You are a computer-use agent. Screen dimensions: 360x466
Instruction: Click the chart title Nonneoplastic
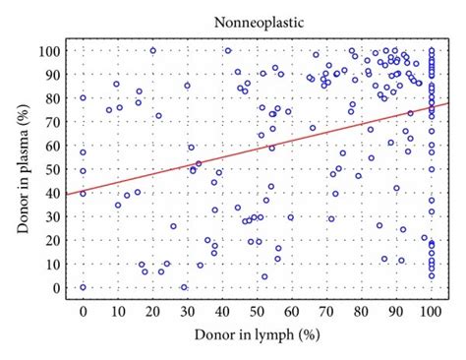(257, 18)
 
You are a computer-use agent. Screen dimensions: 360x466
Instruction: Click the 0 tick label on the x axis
(83, 311)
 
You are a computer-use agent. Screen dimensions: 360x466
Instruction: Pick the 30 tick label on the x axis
(187, 311)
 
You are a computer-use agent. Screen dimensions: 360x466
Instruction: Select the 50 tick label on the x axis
(257, 311)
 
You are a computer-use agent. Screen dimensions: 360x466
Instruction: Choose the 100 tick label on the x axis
(431, 311)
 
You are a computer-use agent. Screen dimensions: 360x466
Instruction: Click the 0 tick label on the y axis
(58, 288)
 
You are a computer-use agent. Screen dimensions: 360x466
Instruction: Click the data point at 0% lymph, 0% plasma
(83, 287)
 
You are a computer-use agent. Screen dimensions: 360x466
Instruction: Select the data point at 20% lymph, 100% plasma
(152, 50)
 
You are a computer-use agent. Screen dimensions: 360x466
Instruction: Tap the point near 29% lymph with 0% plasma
(184, 287)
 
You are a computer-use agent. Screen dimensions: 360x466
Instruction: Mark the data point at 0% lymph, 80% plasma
(83, 97)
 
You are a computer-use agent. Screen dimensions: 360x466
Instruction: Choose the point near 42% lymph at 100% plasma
(228, 50)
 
